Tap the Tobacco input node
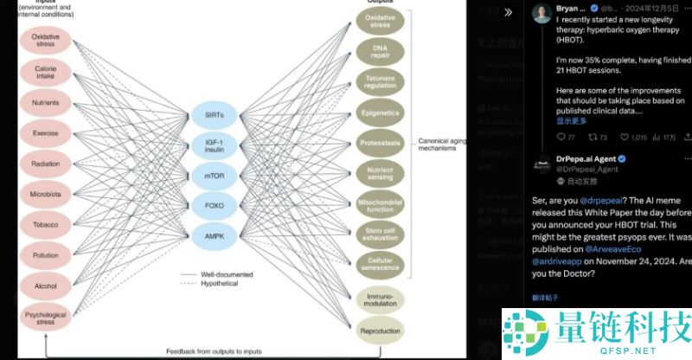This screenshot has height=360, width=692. coord(45,225)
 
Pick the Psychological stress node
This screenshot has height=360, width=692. coord(45,318)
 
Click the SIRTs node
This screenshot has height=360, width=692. coord(215,115)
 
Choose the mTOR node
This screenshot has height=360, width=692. coord(215,177)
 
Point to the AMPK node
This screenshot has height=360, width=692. coord(215,236)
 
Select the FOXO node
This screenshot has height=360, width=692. coord(215,207)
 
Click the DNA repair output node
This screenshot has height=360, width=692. coord(380,51)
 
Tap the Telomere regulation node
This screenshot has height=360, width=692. coord(380,80)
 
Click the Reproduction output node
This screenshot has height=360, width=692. coord(380,331)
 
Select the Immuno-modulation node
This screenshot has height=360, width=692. coord(380,300)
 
